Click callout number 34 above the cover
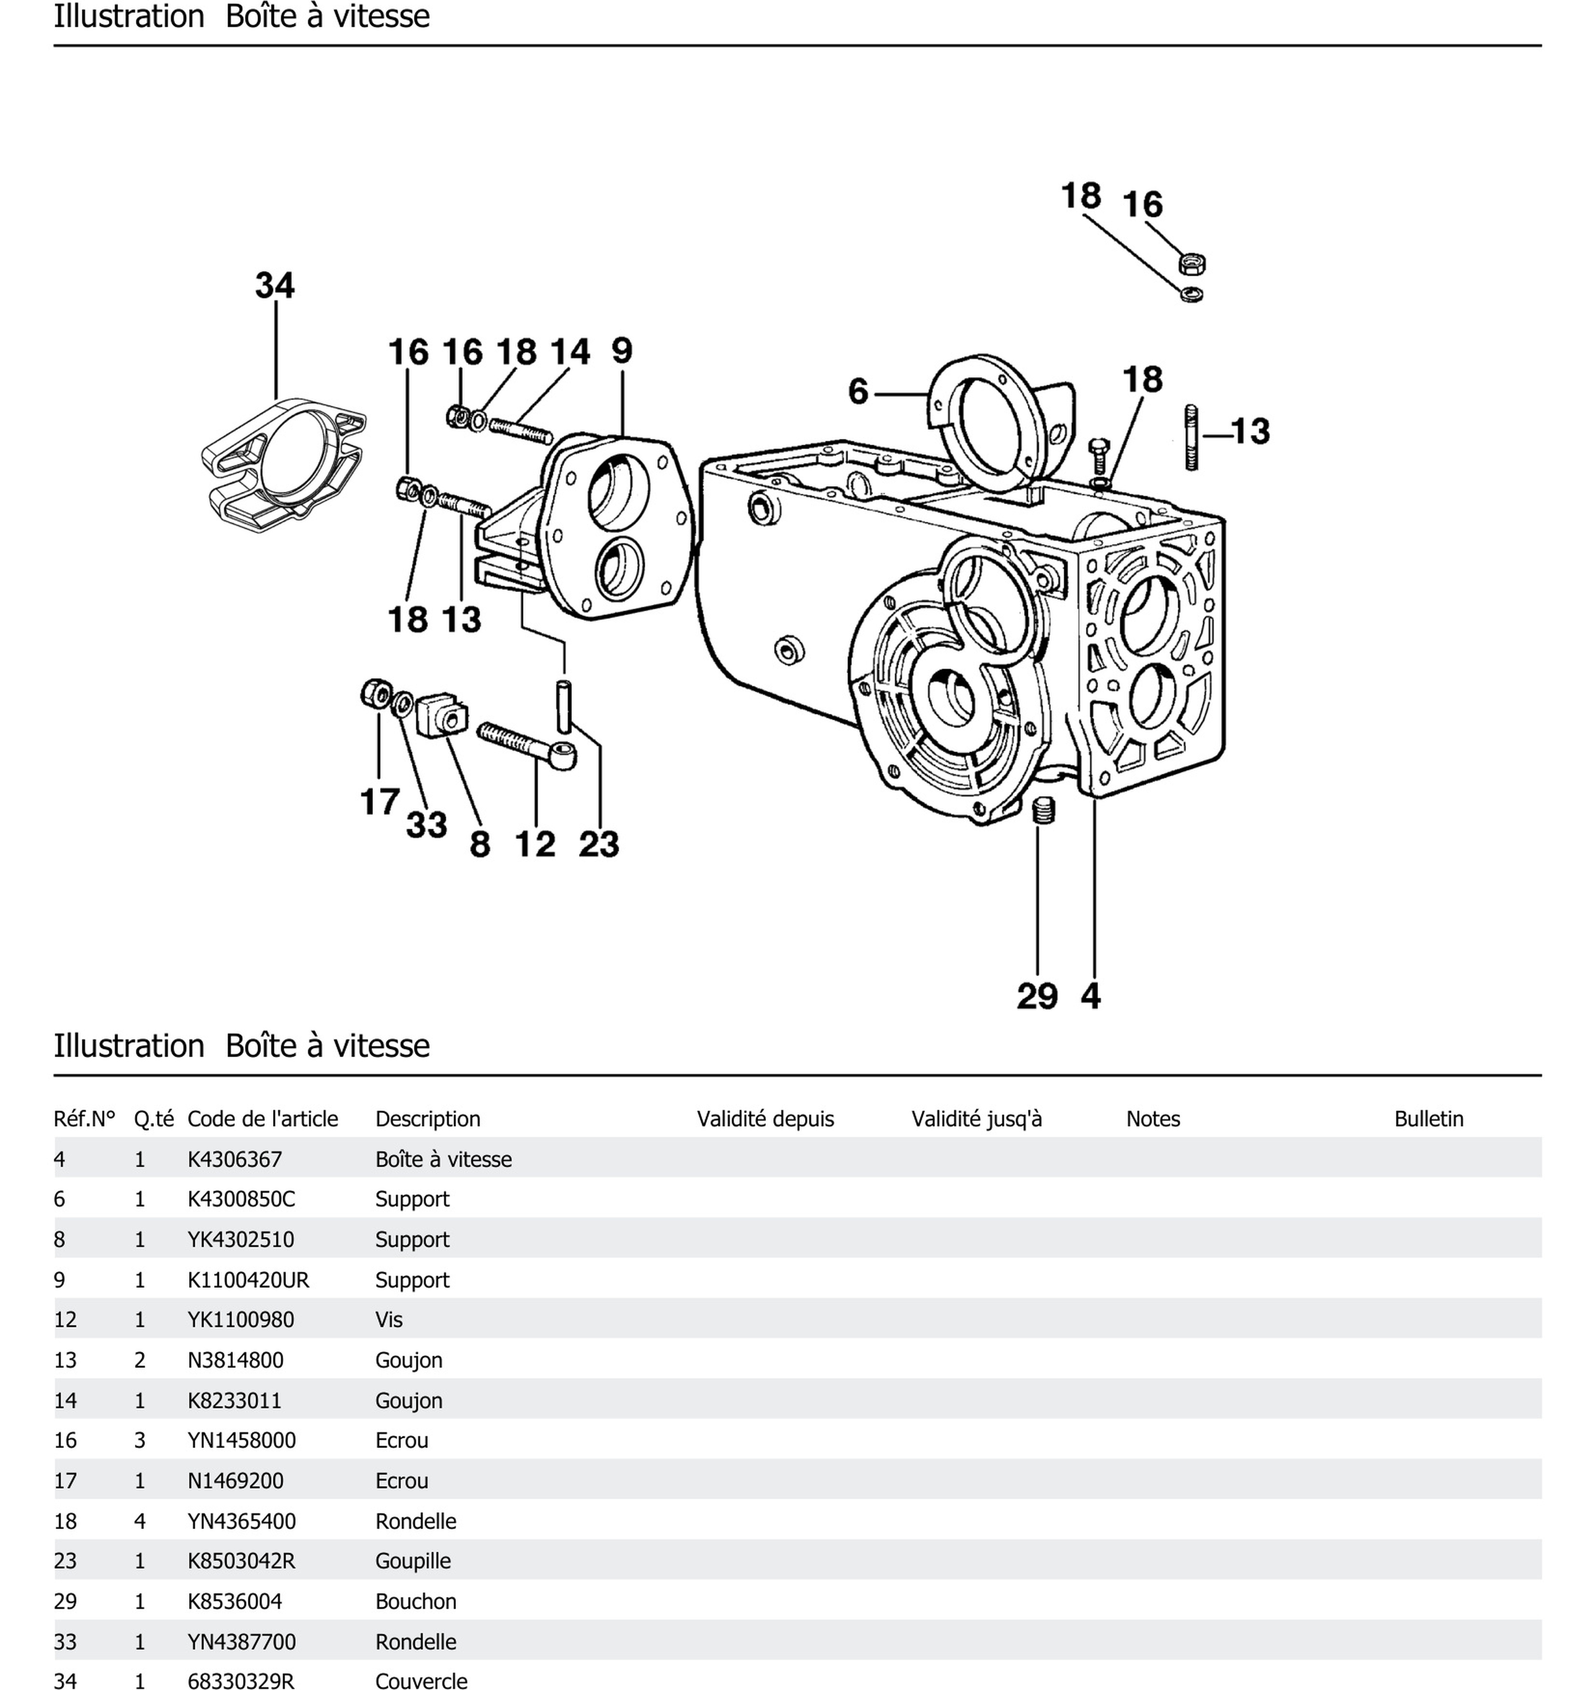[275, 286]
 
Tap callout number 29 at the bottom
[1037, 996]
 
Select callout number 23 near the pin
[599, 844]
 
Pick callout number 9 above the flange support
[622, 350]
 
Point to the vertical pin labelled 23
[564, 705]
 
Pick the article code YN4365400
[241, 1521]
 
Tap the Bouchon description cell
[415, 1601]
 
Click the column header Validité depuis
[765, 1119]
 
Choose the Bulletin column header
[1428, 1119]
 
